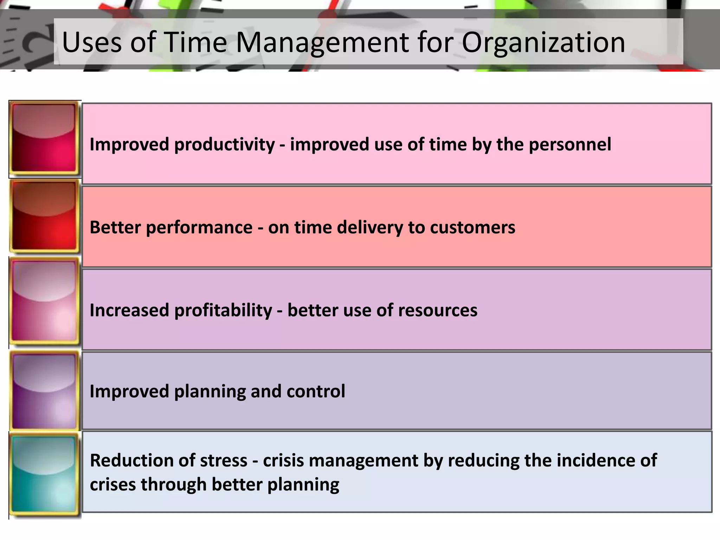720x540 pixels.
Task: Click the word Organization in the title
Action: point(543,42)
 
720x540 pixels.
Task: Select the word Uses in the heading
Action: point(91,42)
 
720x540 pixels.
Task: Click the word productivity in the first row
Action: point(224,144)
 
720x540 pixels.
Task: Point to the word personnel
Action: point(570,144)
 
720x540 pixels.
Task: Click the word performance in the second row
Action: point(199,227)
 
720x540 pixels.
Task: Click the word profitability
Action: point(223,310)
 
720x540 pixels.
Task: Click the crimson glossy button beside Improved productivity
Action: point(44,139)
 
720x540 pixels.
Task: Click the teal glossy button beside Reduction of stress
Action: point(44,475)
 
